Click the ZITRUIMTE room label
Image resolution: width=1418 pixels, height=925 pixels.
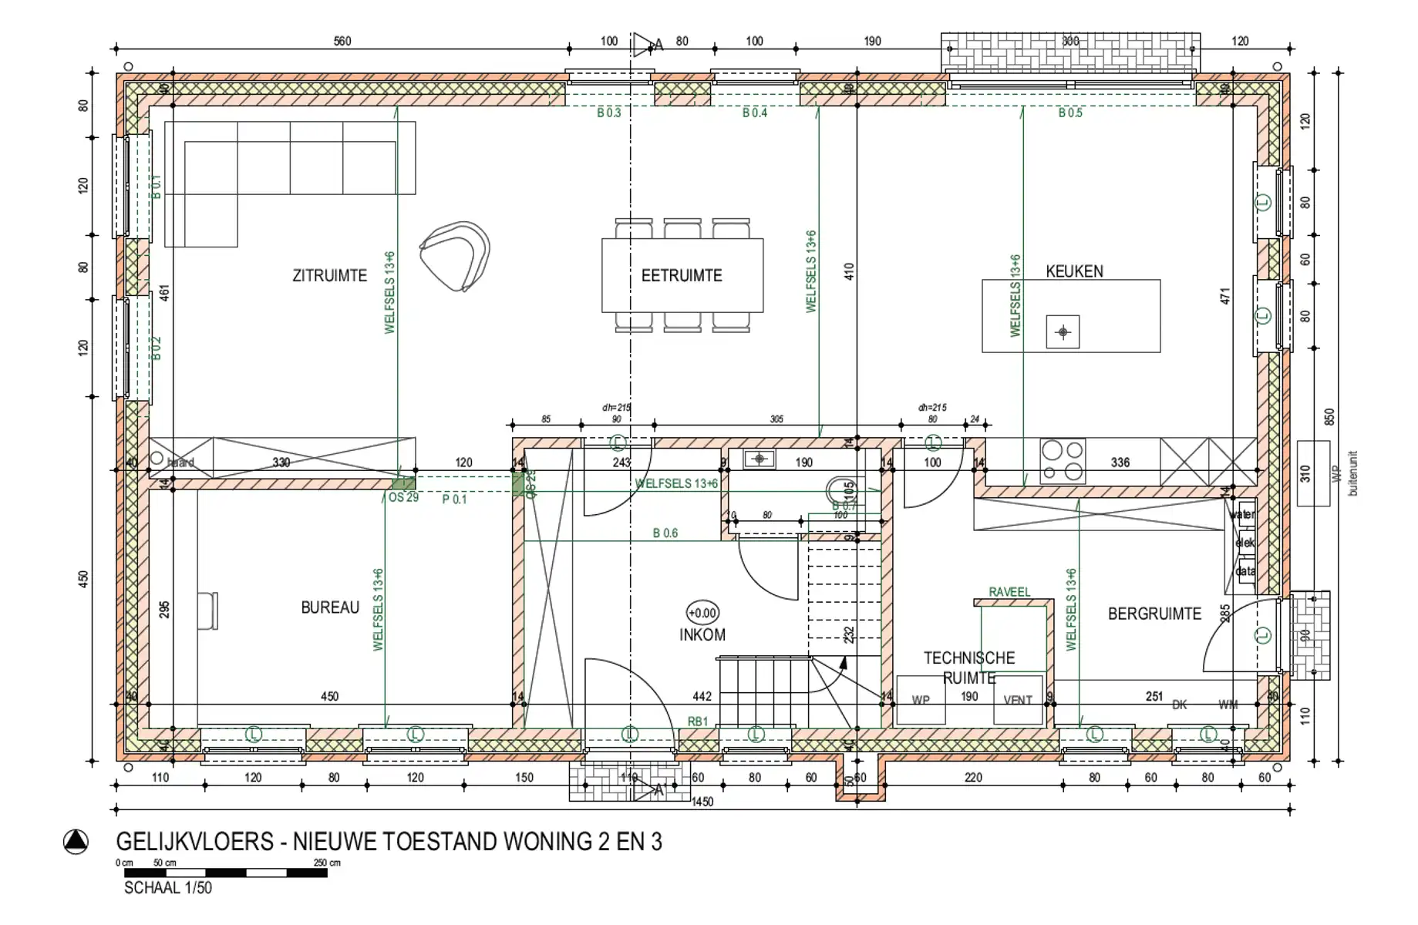329,276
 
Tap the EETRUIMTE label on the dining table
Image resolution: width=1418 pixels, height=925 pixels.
682,276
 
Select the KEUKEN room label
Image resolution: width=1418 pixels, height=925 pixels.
1074,271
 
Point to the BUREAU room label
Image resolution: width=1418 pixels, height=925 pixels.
330,607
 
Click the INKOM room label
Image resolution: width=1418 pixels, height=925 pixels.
702,635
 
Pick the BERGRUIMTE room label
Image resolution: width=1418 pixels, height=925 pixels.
1154,614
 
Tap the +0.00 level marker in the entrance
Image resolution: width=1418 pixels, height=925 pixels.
702,614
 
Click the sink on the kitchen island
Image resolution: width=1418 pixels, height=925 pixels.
1063,332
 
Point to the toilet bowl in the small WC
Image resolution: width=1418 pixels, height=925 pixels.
838,491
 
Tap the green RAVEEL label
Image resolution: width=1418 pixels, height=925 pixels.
1009,592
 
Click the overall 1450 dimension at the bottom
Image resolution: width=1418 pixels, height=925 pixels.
702,802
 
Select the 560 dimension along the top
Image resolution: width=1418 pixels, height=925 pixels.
342,42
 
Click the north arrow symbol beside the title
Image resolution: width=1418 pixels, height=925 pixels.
76,842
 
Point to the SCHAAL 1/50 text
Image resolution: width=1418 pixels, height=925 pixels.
167,888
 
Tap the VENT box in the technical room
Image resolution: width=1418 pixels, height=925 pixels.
1018,700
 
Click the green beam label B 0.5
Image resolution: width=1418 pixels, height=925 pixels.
1070,113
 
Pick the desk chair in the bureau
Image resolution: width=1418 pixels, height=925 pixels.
208,610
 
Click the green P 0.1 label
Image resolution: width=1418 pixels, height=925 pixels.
454,499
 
